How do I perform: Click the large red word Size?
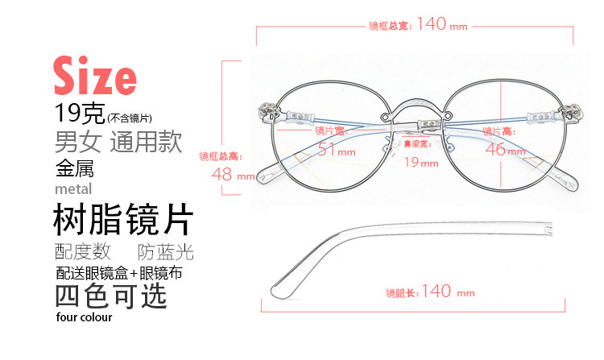94,77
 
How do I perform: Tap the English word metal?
73,189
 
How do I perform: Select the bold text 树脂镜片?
122,218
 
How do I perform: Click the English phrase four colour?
85,317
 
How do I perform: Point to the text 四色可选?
111,295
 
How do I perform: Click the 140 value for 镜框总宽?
432,24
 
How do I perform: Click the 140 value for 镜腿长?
436,292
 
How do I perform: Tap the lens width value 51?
326,149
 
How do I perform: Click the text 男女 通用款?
118,143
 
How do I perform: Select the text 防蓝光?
166,251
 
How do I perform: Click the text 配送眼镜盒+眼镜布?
118,272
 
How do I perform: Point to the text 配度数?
82,251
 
